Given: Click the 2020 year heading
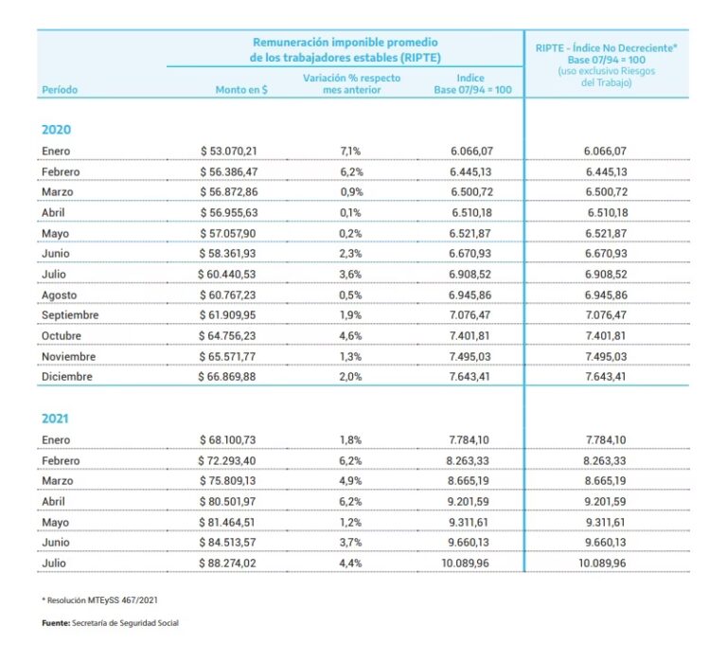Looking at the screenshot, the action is point(56,130).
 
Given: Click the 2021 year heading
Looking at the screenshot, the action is point(55,419).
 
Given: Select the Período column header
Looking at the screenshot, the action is point(60,90).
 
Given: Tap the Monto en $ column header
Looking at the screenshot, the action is point(241,90).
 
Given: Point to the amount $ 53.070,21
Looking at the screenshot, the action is point(228,152).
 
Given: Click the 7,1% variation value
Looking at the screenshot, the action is point(350,152).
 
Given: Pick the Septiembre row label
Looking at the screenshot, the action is point(70,315).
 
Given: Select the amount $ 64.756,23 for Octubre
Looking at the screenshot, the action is point(227,336).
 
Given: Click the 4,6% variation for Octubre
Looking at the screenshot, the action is point(350,336).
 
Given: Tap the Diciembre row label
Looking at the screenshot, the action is point(67,377).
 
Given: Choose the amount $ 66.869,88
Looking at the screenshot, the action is point(227,377).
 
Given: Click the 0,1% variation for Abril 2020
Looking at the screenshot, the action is point(350,213).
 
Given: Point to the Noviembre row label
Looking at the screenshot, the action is point(68,357).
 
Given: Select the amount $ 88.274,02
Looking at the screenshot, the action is point(227,564).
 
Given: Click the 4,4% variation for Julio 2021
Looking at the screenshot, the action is point(350,564).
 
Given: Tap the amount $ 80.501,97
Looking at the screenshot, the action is point(227,502).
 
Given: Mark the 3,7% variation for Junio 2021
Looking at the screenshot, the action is point(350,543).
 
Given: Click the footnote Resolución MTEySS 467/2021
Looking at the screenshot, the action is point(99,600).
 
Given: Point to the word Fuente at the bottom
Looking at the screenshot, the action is point(56,623).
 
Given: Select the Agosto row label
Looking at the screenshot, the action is point(59,295).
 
